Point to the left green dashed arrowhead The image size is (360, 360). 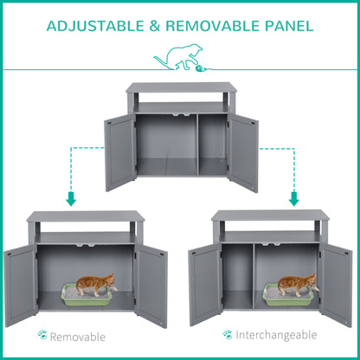coord(71,200)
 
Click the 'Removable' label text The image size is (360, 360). coord(77,336)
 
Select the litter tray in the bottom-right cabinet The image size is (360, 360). coord(289,296)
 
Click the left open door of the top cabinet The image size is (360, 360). coord(119,152)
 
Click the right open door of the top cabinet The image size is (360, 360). coord(244,152)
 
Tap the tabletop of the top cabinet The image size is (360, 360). coord(180,87)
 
